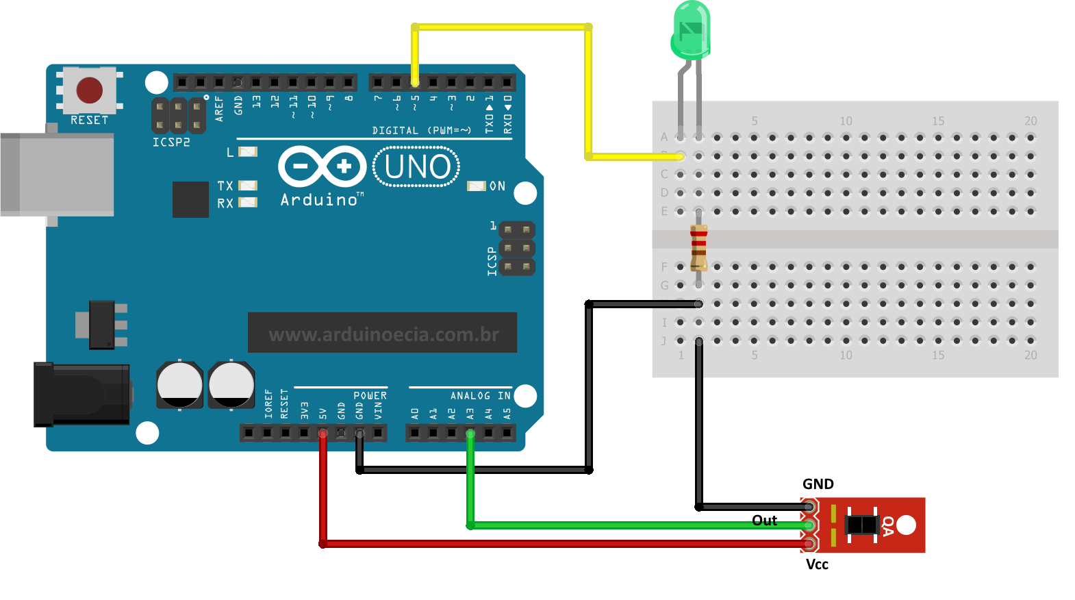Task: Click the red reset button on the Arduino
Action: [x=90, y=90]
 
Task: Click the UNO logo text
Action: [x=417, y=167]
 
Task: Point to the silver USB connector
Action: [x=58, y=175]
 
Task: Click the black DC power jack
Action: [x=82, y=395]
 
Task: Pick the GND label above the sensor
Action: [x=818, y=484]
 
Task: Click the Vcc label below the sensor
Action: [x=817, y=564]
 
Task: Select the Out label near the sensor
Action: [x=764, y=521]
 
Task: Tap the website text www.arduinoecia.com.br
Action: [x=383, y=334]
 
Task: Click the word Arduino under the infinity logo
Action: [x=320, y=200]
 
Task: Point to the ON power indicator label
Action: [x=497, y=186]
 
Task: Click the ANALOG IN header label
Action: [x=480, y=396]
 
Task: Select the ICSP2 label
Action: [x=171, y=142]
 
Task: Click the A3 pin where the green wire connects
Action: [x=470, y=433]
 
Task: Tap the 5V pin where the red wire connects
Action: [x=322, y=433]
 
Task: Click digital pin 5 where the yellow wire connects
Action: [x=415, y=83]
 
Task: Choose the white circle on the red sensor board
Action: [x=906, y=525]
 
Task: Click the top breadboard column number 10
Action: [x=846, y=121]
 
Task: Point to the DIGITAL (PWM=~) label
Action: [x=421, y=130]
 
